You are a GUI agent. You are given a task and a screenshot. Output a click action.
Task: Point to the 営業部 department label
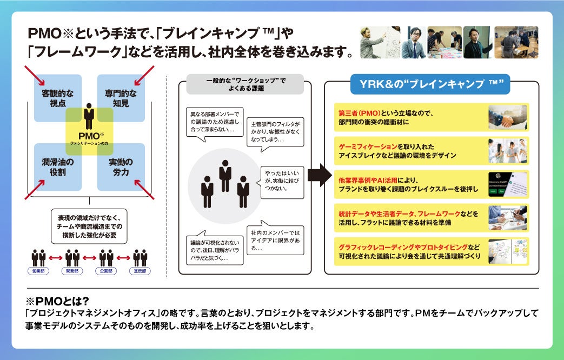(39, 270)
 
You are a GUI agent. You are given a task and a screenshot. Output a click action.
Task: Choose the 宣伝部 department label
(140, 270)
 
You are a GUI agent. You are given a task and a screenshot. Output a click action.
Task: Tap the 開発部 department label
(72, 270)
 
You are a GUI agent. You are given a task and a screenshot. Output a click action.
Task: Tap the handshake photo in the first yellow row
(508, 118)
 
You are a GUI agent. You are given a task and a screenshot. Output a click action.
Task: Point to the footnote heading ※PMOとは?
(57, 301)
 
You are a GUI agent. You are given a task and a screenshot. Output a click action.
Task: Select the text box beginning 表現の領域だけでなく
(89, 226)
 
